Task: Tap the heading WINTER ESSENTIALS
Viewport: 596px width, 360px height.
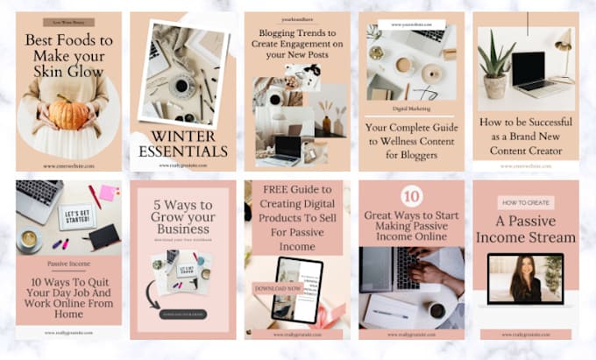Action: click(x=182, y=145)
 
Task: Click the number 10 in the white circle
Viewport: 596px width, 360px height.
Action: click(x=411, y=196)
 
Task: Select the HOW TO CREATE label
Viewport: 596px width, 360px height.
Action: click(x=525, y=202)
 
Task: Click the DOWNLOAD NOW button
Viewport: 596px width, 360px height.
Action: click(x=278, y=287)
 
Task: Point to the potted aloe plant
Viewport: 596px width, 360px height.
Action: click(x=495, y=67)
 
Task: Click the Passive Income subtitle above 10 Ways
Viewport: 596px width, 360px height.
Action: click(x=68, y=262)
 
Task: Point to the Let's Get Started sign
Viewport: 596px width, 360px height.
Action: click(x=76, y=214)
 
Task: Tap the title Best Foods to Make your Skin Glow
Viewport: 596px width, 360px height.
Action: click(x=68, y=54)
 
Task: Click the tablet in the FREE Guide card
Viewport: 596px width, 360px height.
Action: click(x=297, y=290)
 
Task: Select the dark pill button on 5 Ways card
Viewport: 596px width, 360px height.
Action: click(x=182, y=314)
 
